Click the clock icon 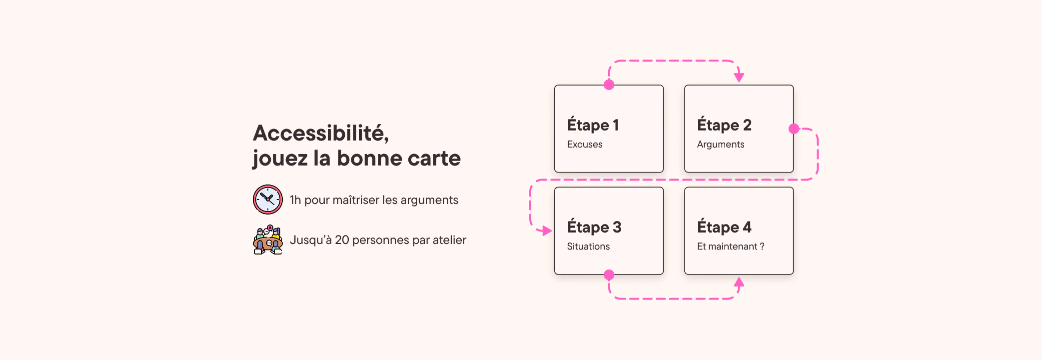tap(268, 199)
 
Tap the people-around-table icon tap(268, 239)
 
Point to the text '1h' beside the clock tap(295, 200)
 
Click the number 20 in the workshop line tap(342, 240)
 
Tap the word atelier tap(449, 240)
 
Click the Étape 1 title tap(593, 125)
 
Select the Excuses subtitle tap(585, 144)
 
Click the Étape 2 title tap(724, 125)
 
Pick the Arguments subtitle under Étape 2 tap(721, 144)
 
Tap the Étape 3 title tap(594, 227)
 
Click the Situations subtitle tap(588, 246)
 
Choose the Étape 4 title tap(724, 227)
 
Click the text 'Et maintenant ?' tap(731, 246)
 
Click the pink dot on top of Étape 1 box tap(609, 85)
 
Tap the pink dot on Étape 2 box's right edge tap(794, 129)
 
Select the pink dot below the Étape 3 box tap(609, 275)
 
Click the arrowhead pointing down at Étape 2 tap(739, 77)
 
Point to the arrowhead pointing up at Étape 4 tap(739, 282)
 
